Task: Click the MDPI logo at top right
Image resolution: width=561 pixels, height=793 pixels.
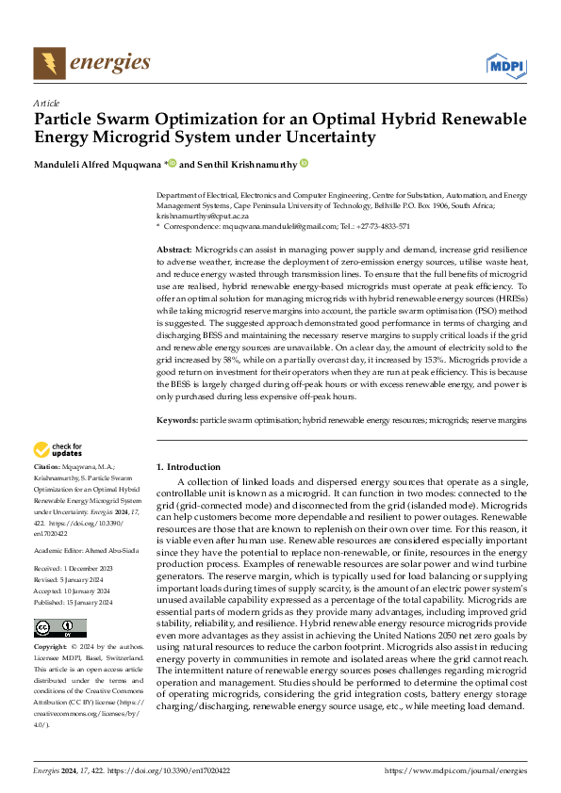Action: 504,64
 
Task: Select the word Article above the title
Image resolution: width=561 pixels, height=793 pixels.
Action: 45,103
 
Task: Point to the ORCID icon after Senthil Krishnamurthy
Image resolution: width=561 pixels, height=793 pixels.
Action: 304,163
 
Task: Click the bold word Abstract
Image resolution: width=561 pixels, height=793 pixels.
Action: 174,247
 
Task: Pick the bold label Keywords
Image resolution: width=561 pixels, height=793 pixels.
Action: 176,419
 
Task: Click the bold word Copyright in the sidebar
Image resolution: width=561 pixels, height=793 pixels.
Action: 52,648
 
